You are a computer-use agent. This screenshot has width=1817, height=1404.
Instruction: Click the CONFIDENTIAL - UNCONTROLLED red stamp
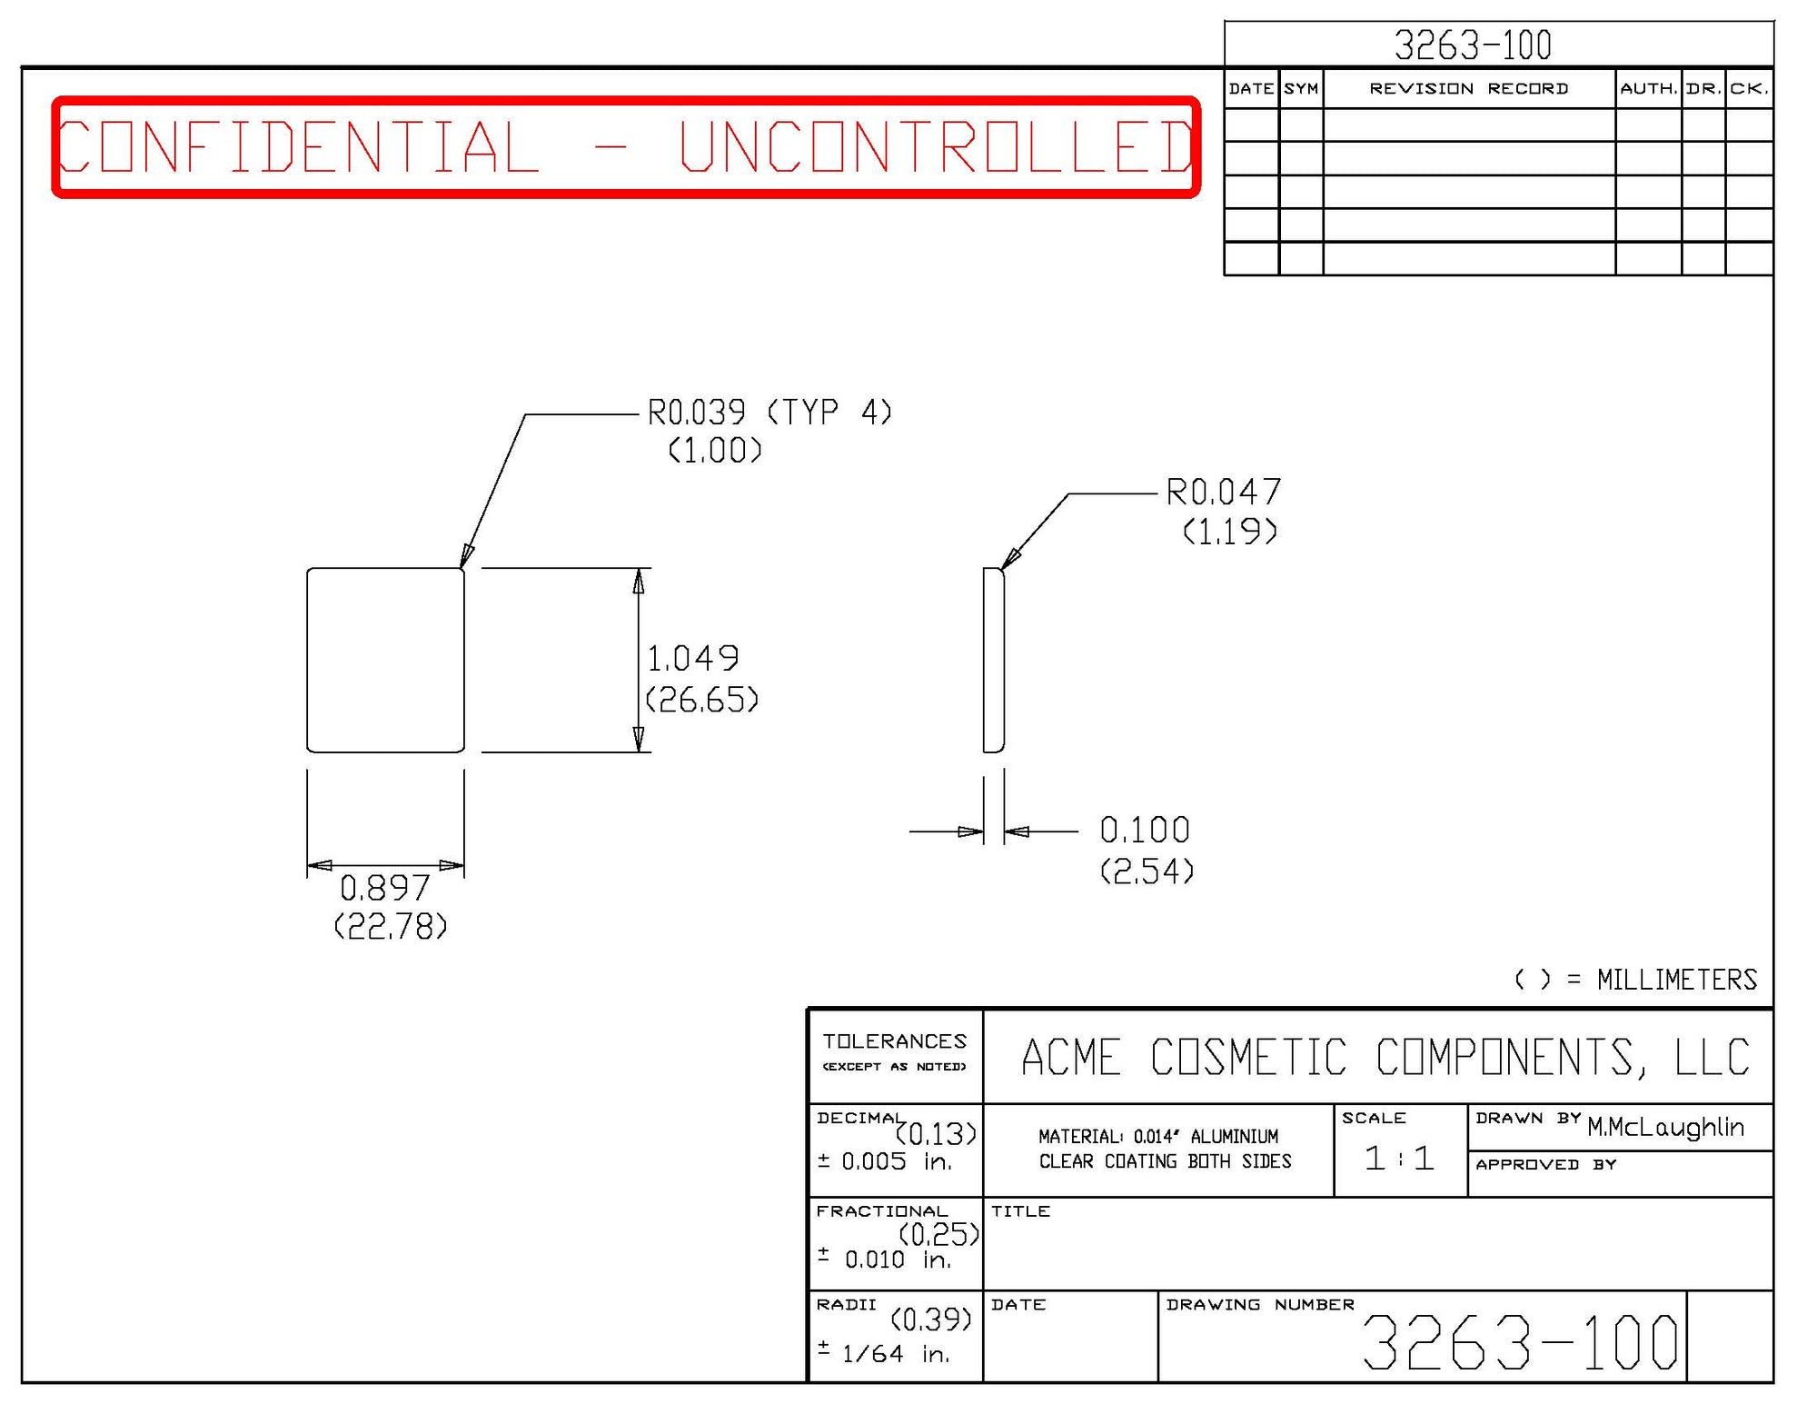point(626,147)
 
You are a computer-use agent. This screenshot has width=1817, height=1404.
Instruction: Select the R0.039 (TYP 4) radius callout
point(769,413)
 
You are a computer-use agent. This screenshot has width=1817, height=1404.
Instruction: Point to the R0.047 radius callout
point(1223,493)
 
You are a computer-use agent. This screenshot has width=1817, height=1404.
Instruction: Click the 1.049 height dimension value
point(692,658)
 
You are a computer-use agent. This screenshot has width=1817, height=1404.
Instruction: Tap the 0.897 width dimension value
point(384,887)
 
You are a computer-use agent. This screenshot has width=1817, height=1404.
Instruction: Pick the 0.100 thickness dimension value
point(1144,830)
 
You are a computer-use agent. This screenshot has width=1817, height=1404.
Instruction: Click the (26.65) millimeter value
point(701,700)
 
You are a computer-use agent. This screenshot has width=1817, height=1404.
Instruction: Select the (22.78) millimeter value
point(391,927)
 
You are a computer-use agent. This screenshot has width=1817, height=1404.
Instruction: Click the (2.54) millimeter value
point(1147,871)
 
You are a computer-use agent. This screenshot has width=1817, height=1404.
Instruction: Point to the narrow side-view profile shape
point(993,661)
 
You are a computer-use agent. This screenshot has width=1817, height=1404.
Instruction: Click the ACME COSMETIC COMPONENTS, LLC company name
point(1385,1058)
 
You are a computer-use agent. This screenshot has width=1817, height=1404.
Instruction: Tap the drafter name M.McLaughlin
point(1665,1128)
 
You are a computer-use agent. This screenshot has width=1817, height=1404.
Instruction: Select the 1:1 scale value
point(1399,1158)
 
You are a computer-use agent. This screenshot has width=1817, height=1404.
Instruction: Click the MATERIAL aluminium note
point(1158,1137)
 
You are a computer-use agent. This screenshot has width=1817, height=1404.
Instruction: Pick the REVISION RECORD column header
point(1468,88)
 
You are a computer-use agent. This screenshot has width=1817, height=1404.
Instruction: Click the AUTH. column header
point(1648,88)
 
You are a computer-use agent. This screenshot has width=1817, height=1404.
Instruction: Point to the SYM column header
point(1301,88)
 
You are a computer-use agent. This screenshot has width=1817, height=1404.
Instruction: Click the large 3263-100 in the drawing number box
point(1519,1342)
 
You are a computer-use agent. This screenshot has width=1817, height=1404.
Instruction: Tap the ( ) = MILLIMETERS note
point(1635,980)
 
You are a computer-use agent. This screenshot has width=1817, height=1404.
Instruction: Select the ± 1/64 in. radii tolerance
point(883,1354)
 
